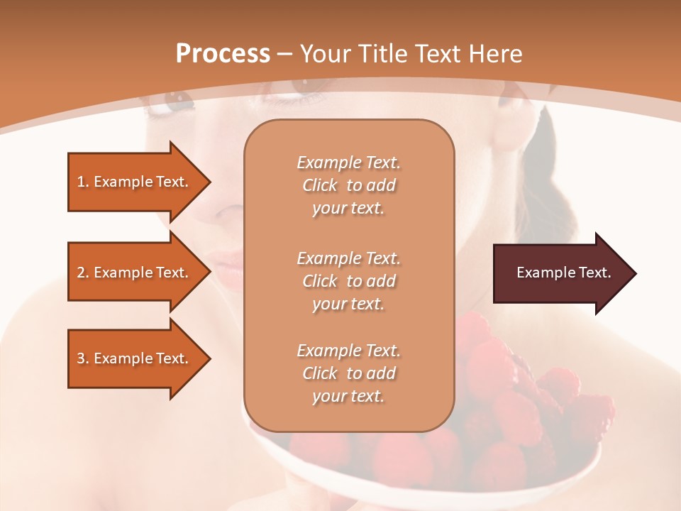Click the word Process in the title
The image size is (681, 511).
223,54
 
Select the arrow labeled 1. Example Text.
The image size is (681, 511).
138,182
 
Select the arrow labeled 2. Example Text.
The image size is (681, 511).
138,273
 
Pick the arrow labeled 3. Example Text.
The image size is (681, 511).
138,358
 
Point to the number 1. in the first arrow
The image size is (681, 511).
82,182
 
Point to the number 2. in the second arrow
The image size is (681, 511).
82,273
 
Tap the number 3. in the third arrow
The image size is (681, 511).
82,358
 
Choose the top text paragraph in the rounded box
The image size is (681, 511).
348,185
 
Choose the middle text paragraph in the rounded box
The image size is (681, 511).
348,280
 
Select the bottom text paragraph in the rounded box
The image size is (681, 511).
348,373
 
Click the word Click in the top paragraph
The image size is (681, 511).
320,185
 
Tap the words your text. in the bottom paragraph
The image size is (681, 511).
348,396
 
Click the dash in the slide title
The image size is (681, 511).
285,55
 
